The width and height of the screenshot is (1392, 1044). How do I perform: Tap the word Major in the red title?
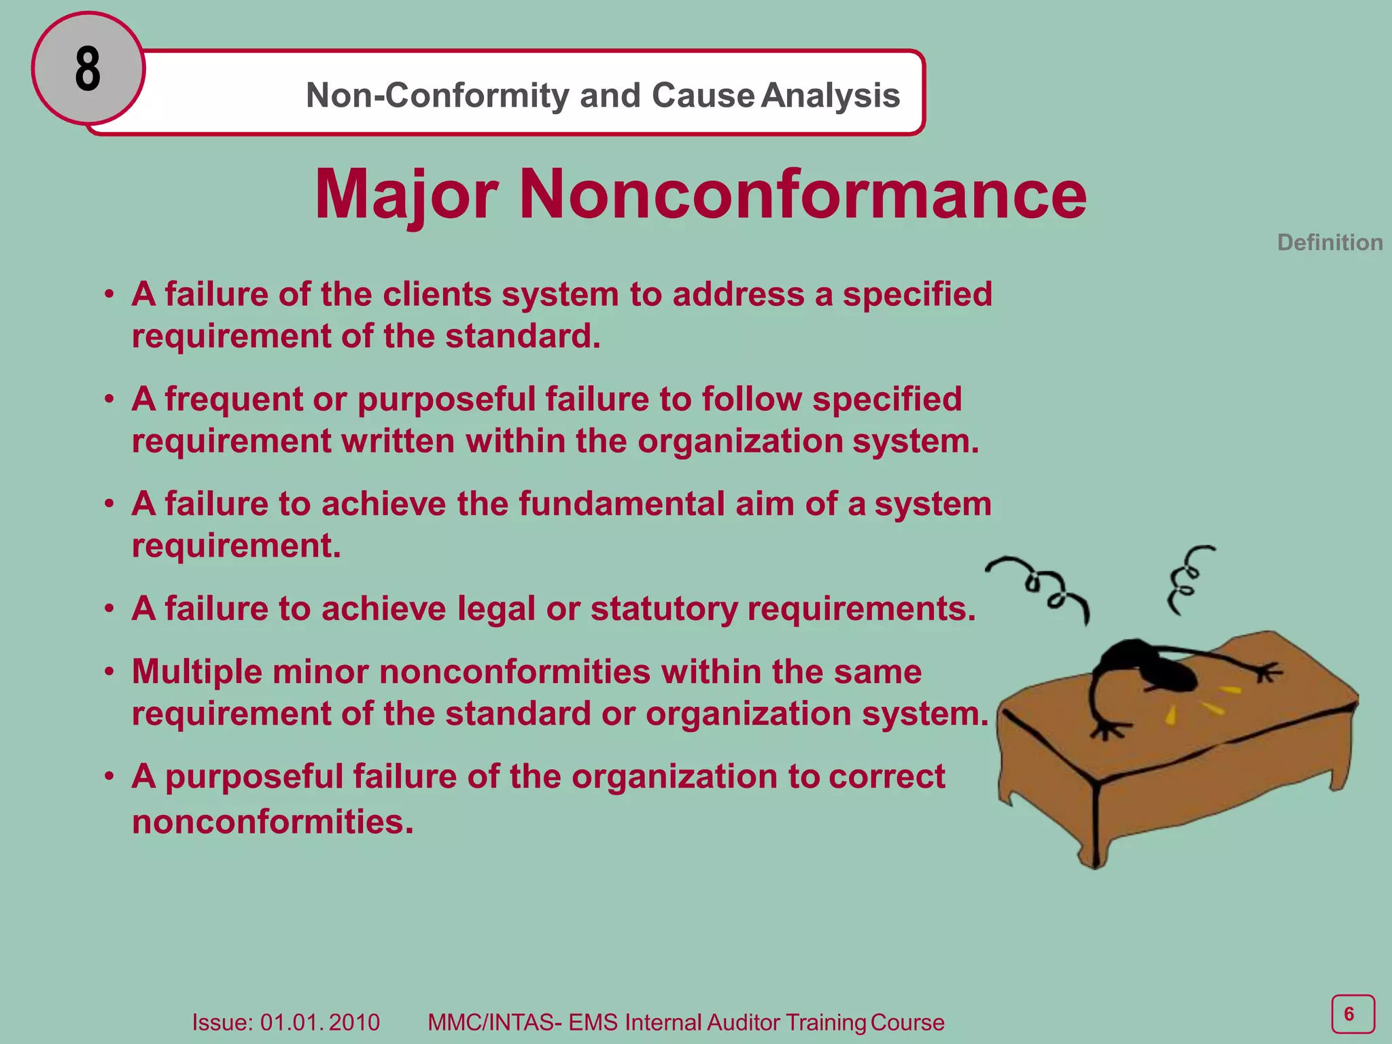tap(406, 195)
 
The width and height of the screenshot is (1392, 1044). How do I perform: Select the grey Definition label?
tap(1329, 243)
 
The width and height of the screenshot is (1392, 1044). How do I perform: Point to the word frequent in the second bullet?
tap(233, 399)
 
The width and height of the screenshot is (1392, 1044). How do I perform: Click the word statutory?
tap(663, 608)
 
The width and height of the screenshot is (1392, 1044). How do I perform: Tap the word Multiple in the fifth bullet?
tap(197, 672)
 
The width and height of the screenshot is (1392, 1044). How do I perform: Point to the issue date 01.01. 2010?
tap(319, 1022)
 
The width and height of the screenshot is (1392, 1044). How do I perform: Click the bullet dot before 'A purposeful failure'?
tap(109, 776)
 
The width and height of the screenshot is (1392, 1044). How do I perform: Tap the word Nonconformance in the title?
tap(803, 195)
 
